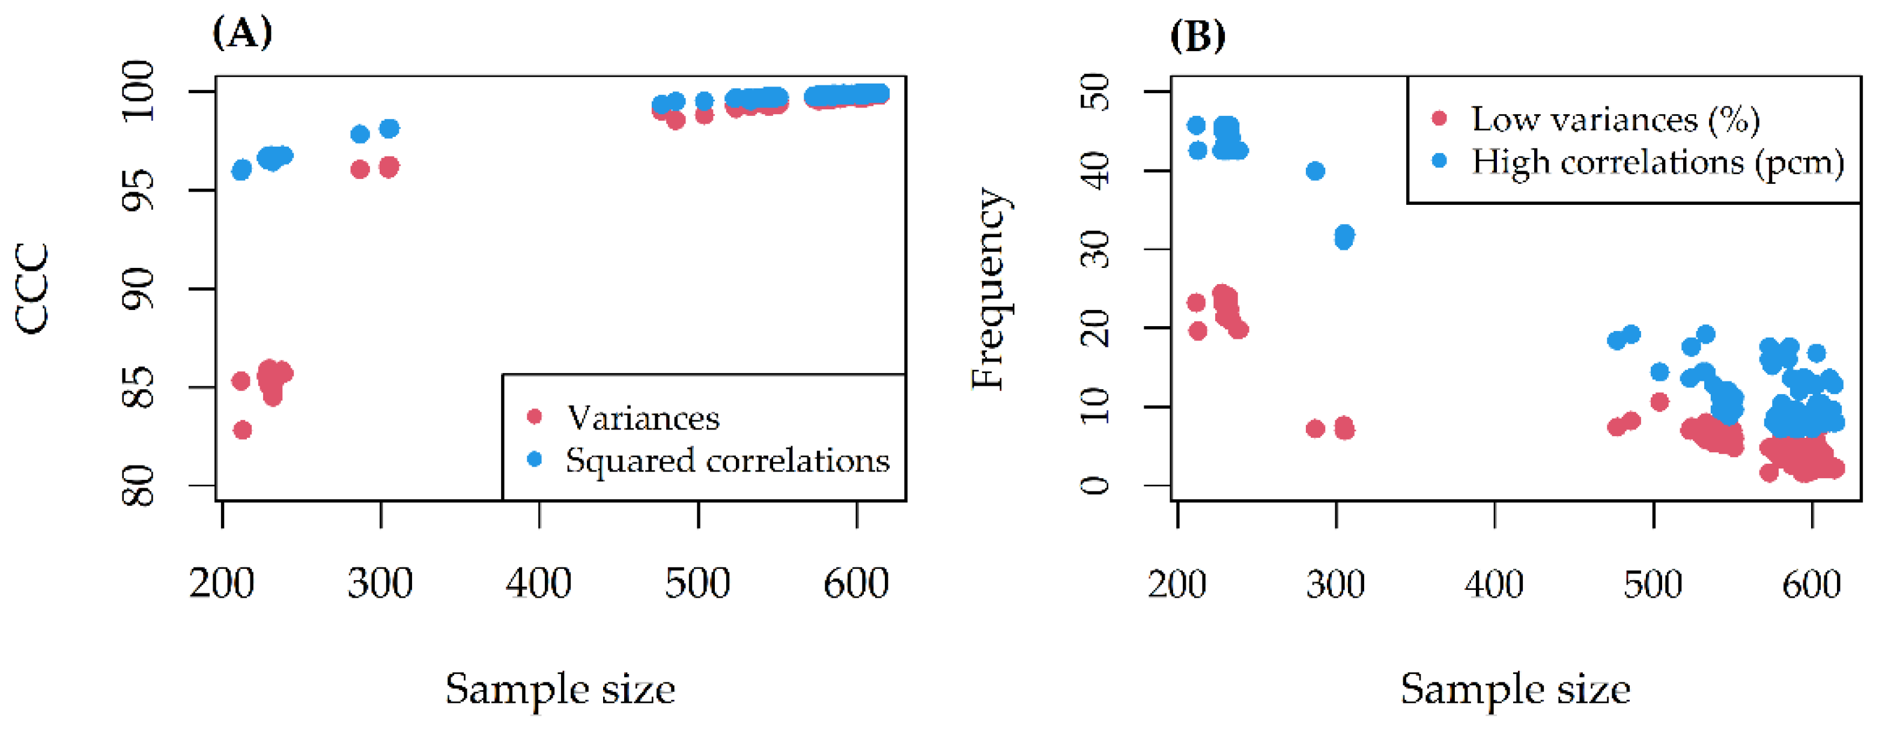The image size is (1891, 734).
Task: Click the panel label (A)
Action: [242, 33]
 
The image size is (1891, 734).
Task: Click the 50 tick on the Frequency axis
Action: [1097, 91]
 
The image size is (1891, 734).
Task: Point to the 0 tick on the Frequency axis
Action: [1097, 485]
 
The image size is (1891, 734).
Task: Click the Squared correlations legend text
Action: [727, 461]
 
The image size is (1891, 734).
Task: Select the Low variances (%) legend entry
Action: [1615, 120]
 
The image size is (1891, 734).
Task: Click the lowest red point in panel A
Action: [242, 430]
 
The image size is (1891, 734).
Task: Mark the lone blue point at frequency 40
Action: [1316, 171]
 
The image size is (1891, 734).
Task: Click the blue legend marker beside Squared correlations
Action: [535, 460]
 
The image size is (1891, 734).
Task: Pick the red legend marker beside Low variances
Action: [1439, 118]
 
